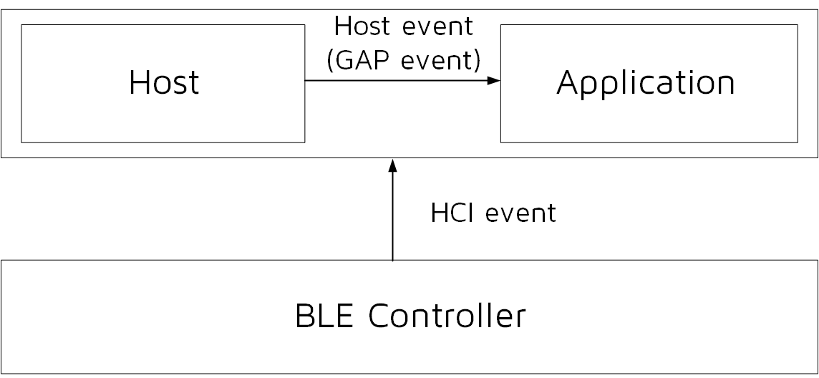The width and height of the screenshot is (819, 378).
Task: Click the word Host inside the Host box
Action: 164,83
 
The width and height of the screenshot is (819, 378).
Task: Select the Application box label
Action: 646,83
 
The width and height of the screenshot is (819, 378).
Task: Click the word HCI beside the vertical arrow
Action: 454,213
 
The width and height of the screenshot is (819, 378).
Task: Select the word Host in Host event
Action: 363,26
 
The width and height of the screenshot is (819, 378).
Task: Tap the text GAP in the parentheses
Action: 364,61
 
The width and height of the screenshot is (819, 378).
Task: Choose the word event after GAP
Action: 441,61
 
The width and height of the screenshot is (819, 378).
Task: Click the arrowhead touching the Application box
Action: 494,81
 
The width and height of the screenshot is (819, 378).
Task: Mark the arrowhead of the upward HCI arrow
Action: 392,165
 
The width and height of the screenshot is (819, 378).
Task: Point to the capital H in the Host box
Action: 137,83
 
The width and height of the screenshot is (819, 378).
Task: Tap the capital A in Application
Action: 568,83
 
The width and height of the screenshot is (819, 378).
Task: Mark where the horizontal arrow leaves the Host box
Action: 306,81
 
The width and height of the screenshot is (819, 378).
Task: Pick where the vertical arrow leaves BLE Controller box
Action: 392,261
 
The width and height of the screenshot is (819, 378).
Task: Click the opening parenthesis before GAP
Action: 330,62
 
